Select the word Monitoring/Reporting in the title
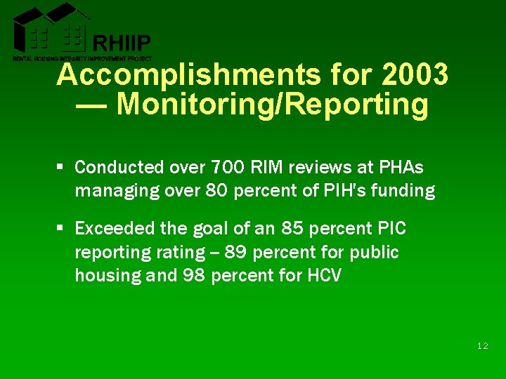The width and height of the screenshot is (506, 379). coord(273,104)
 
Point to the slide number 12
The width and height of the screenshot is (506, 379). coord(482,346)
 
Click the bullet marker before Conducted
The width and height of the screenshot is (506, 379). coord(61,167)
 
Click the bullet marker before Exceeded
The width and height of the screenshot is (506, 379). coord(61,229)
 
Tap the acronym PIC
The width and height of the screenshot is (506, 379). coord(392,229)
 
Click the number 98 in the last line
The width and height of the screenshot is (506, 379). coord(196,275)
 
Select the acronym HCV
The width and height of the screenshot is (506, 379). coord(324,275)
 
